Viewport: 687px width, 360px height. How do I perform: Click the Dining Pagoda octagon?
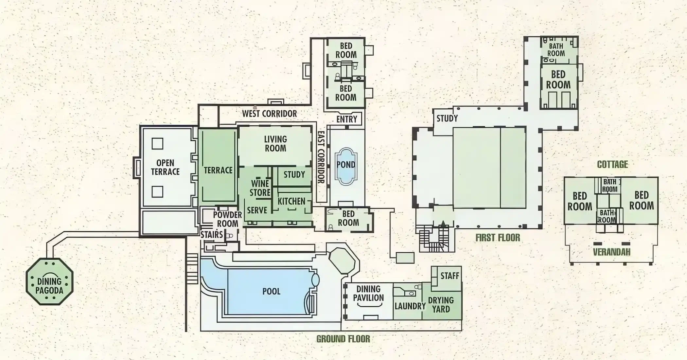(x=49, y=281)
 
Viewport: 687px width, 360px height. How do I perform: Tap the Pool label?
(x=271, y=291)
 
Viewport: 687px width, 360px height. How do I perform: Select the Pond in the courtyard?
(x=346, y=166)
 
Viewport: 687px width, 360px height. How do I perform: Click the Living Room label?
(x=275, y=144)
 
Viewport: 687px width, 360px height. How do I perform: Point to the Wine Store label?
(x=260, y=188)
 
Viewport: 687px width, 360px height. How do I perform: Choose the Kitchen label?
(x=291, y=201)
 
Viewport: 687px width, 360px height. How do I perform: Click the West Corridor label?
(x=269, y=114)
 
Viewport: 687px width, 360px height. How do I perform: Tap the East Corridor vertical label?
(x=321, y=157)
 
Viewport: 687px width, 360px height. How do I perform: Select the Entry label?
(x=346, y=119)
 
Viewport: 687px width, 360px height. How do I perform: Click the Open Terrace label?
(x=165, y=167)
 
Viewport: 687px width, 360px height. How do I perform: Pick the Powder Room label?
(x=227, y=219)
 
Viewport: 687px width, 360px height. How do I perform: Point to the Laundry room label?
(x=410, y=306)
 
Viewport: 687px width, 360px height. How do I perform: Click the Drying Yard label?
(x=441, y=304)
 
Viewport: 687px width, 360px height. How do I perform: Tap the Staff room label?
(x=450, y=276)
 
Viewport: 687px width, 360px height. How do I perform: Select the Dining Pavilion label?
(x=368, y=294)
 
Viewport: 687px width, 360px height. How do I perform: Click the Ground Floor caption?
(x=343, y=339)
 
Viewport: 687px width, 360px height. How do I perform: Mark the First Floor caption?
(x=498, y=238)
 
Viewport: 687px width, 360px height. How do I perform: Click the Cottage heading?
(x=612, y=164)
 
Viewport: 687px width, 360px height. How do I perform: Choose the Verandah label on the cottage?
(x=611, y=252)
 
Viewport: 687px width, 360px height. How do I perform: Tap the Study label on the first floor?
(x=447, y=118)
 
